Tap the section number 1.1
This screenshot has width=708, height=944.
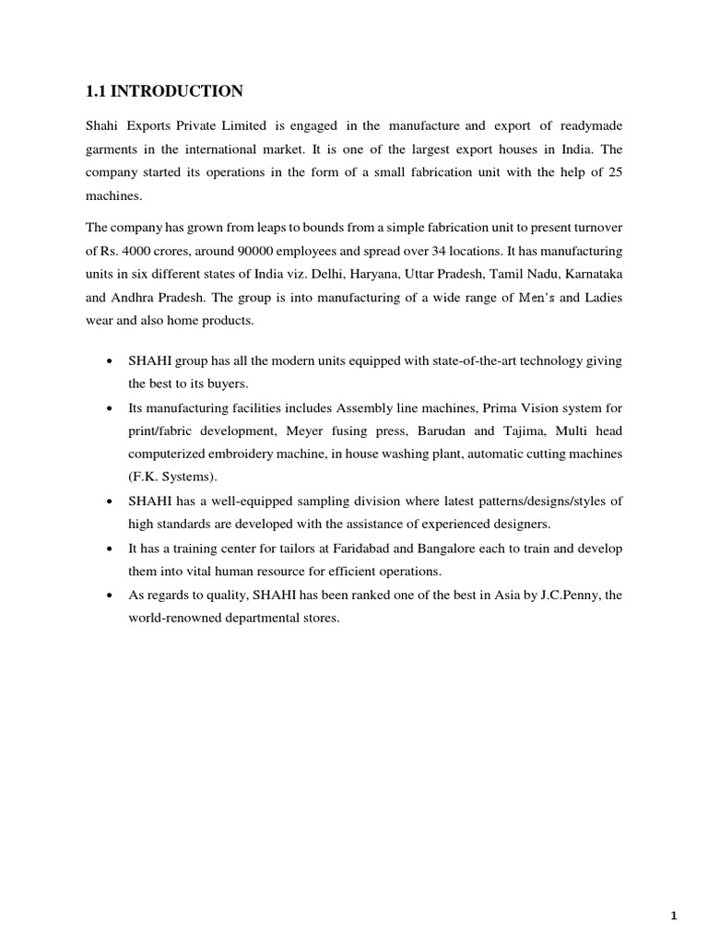click(99, 90)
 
